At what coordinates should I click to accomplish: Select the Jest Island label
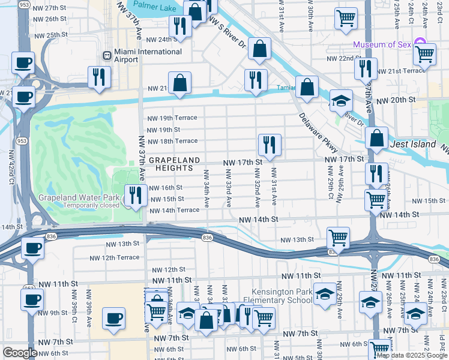coord(412,145)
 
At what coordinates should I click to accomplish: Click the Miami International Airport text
coord(148,56)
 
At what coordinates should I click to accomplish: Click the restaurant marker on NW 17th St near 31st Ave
coord(270,145)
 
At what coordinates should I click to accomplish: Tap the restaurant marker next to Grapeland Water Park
coord(136,195)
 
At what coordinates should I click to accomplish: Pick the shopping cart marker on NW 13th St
coord(339,238)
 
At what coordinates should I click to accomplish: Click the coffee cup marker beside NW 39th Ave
coord(113,318)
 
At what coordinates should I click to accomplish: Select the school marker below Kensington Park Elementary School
coord(325,295)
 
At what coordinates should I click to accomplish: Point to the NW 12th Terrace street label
coord(114,257)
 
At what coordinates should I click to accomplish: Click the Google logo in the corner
coord(20,353)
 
